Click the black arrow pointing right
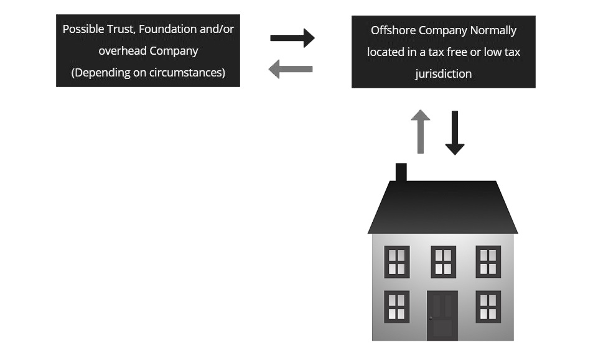click(292, 38)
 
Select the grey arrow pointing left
click(291, 68)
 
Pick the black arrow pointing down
click(454, 132)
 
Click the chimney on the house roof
click(401, 172)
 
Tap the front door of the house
click(442, 315)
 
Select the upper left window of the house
click(396, 262)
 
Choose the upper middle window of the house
click(443, 262)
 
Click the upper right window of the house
click(488, 262)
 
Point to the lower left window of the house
click(396, 307)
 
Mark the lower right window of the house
click(488, 307)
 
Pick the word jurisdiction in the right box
click(443, 74)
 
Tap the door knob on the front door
click(431, 318)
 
